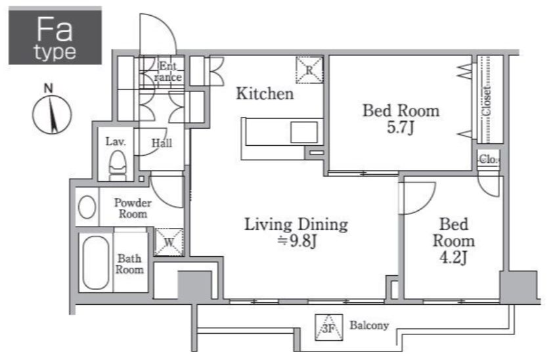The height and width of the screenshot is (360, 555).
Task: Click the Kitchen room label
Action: [265, 94]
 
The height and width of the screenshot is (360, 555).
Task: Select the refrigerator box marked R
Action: [309, 70]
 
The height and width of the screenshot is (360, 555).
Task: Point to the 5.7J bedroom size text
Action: [400, 128]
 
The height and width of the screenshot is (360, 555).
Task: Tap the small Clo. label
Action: [489, 160]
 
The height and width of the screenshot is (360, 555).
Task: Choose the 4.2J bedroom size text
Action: [453, 258]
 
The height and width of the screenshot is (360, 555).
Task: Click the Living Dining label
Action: [296, 225]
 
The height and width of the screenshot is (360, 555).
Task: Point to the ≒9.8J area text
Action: [297, 241]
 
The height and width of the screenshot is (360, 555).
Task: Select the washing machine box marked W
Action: [169, 242]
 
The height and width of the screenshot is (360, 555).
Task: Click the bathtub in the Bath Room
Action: [96, 262]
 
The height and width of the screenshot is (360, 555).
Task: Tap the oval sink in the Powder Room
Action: [87, 207]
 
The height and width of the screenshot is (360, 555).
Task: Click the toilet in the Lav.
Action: [118, 166]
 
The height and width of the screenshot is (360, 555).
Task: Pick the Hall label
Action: [162, 143]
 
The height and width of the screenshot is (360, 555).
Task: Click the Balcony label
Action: [369, 325]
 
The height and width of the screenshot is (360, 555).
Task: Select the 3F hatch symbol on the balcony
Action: [329, 327]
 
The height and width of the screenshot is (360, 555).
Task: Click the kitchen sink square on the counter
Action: [303, 133]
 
